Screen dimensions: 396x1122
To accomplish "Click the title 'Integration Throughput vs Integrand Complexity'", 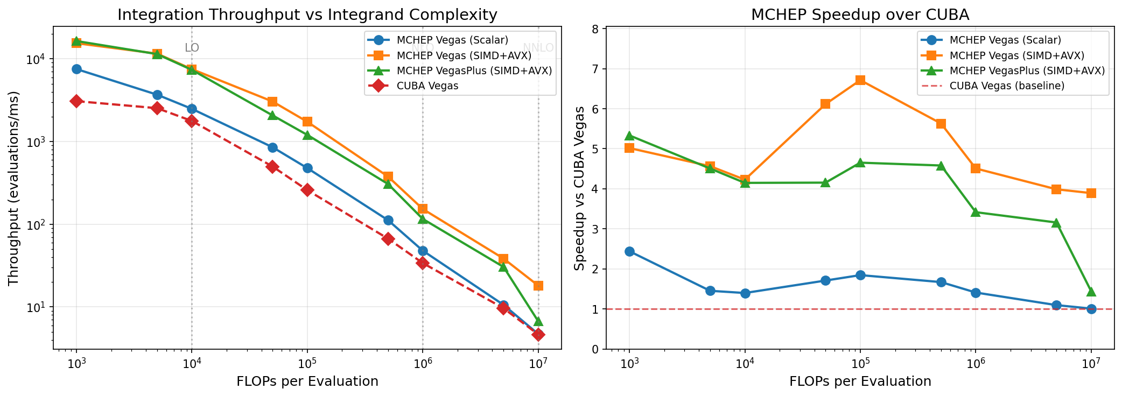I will point(307,15).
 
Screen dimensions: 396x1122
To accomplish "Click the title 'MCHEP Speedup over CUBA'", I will point(860,15).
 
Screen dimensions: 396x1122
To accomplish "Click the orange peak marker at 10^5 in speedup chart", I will point(860,80).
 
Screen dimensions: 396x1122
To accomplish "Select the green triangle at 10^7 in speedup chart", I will point(1091,292).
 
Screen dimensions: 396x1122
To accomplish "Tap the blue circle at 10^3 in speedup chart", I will point(629,251).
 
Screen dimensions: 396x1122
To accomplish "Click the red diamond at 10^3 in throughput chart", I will point(76,101).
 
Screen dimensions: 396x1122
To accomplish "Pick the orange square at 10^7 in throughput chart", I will point(538,286).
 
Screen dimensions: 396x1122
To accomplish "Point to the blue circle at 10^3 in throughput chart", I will point(76,69).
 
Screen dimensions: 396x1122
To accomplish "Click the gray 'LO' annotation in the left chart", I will point(192,48).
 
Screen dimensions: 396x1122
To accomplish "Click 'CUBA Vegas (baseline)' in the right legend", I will point(1007,86).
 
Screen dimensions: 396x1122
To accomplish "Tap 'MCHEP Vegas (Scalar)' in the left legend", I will point(452,40).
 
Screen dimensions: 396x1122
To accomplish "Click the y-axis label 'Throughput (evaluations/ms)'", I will point(13,188).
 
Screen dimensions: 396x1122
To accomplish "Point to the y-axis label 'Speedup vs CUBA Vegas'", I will point(579,188).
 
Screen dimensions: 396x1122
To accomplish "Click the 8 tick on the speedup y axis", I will point(595,29).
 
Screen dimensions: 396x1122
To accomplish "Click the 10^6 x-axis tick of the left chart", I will point(423,363).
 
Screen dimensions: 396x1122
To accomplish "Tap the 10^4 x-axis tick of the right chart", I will point(745,363).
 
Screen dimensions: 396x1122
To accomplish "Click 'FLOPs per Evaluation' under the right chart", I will point(860,381).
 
